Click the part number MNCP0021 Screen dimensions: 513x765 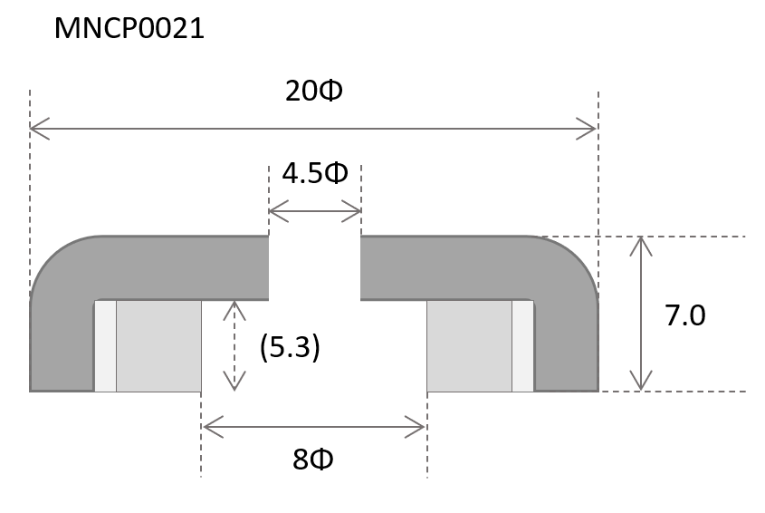tap(129, 29)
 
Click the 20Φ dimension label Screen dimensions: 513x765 tap(314, 92)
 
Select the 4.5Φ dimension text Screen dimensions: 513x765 tap(314, 173)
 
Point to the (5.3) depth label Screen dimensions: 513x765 tap(290, 347)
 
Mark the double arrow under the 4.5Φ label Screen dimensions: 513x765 tap(315, 214)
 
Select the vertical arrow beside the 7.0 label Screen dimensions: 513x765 tap(642, 314)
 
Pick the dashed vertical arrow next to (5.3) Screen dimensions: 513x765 tap(234, 345)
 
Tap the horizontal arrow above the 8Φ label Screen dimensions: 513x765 tap(314, 424)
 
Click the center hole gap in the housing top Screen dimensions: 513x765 tap(315, 268)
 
